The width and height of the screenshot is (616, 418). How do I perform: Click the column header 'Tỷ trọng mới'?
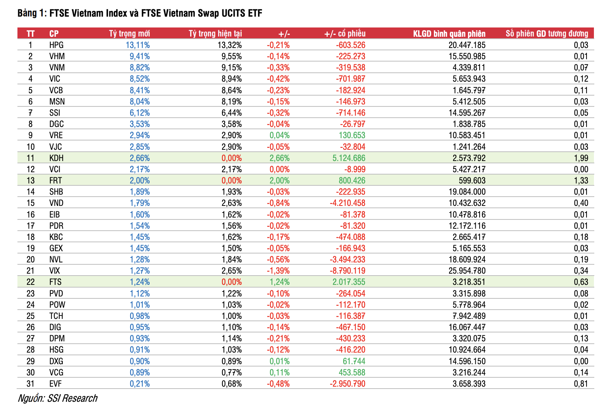(129, 34)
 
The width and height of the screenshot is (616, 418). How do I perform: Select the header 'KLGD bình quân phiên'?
(449, 34)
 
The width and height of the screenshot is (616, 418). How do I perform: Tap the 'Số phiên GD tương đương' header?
(547, 34)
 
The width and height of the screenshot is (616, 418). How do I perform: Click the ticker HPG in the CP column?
(56, 45)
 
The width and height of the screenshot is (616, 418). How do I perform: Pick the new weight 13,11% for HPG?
(138, 45)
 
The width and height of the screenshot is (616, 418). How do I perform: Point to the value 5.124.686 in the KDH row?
(349, 158)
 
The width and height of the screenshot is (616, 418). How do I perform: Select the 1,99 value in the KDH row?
(581, 158)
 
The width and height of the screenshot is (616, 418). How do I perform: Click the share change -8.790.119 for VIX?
(347, 271)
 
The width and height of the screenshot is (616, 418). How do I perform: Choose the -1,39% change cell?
(278, 271)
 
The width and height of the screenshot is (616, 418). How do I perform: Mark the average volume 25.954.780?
(467, 271)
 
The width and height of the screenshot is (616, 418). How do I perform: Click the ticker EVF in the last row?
(55, 384)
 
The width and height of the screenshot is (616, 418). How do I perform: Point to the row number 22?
(31, 282)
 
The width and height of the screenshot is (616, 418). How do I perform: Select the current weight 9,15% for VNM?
(232, 68)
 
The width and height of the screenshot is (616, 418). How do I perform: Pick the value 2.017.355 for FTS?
(349, 282)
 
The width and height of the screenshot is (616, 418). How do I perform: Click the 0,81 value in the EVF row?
(581, 384)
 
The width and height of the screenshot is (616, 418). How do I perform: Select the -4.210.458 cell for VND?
(347, 203)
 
